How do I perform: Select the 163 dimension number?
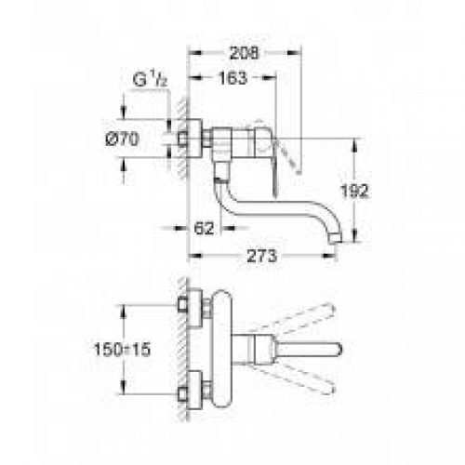[233, 79]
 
